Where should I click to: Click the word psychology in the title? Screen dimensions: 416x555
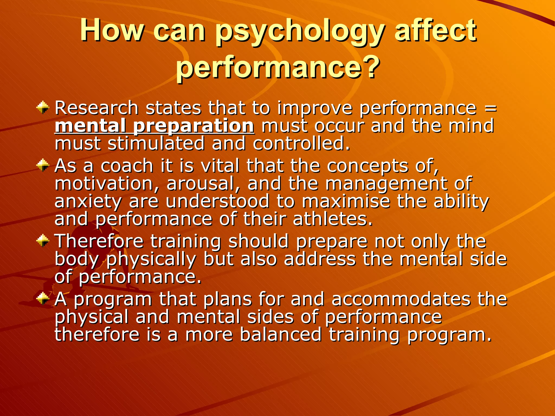[299, 32]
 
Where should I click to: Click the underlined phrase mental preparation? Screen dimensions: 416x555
[154, 126]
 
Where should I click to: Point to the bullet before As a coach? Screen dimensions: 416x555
[43, 165]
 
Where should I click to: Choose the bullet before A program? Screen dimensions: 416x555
[43, 299]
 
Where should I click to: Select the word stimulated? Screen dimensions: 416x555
[156, 144]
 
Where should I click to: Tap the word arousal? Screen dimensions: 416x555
[203, 184]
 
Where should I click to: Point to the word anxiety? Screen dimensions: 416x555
[88, 202]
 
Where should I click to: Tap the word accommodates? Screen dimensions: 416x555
[401, 299]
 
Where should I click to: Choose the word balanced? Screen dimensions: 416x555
[280, 334]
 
